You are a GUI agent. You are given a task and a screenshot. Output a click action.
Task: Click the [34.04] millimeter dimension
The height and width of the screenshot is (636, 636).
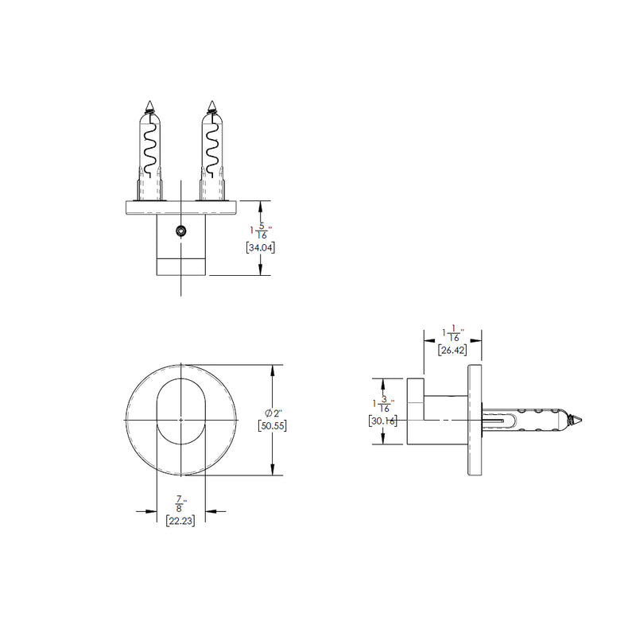tap(262, 246)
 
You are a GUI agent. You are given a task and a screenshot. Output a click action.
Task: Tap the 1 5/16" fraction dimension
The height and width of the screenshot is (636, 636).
tap(261, 231)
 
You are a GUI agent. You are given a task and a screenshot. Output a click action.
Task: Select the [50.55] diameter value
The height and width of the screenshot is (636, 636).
tap(273, 426)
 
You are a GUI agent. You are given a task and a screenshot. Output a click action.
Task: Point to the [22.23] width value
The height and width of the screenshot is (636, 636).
tap(181, 521)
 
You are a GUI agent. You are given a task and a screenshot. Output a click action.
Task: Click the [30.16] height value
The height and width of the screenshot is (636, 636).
tap(383, 421)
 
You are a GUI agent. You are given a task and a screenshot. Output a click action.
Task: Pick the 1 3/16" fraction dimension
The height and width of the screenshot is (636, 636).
tap(382, 405)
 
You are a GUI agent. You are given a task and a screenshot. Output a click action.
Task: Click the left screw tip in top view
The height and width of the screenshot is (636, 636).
tap(151, 105)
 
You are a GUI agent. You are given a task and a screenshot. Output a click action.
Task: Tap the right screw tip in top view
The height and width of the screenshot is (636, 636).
tap(211, 105)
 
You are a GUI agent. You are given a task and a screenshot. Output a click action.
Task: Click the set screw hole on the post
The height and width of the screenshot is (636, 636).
tap(181, 231)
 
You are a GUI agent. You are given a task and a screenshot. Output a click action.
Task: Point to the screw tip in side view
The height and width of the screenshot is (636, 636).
tap(579, 417)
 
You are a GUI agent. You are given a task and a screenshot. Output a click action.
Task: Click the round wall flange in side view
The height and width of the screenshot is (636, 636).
tap(476, 419)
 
